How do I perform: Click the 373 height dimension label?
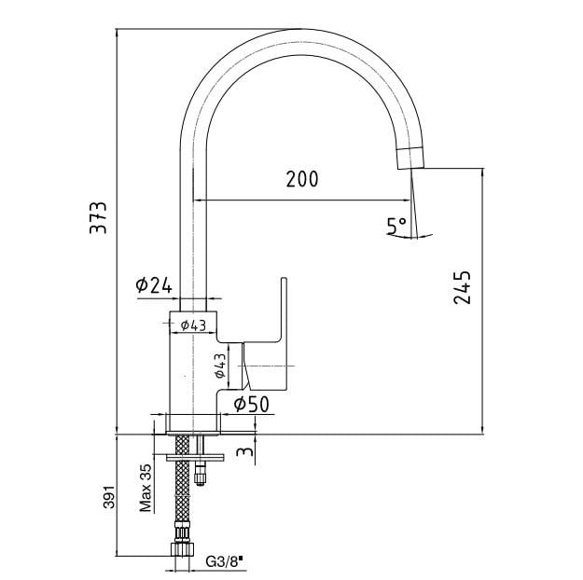click(x=98, y=217)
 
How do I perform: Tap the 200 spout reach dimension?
click(x=302, y=179)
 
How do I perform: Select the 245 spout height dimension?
click(x=462, y=288)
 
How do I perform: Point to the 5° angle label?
click(x=396, y=226)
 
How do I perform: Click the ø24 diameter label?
click(x=154, y=285)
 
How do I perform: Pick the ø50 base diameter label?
click(x=251, y=404)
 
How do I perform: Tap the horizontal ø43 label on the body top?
click(x=193, y=325)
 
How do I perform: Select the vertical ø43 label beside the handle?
click(x=220, y=366)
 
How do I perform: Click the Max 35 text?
click(x=146, y=488)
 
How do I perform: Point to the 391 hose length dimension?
click(x=109, y=497)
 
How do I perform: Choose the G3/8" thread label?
click(x=224, y=561)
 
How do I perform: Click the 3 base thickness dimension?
click(x=245, y=451)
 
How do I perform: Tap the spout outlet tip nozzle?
click(x=410, y=159)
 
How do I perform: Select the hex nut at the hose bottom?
click(x=182, y=549)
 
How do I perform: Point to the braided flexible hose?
click(x=182, y=483)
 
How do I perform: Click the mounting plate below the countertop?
click(x=195, y=457)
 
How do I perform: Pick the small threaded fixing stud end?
click(x=200, y=478)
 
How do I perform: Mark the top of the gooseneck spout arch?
click(x=301, y=29)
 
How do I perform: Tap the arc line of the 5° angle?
click(x=409, y=237)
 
